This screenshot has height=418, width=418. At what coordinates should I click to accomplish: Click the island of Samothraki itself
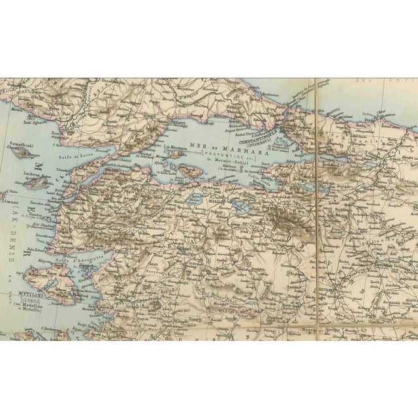tap(24, 153)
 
